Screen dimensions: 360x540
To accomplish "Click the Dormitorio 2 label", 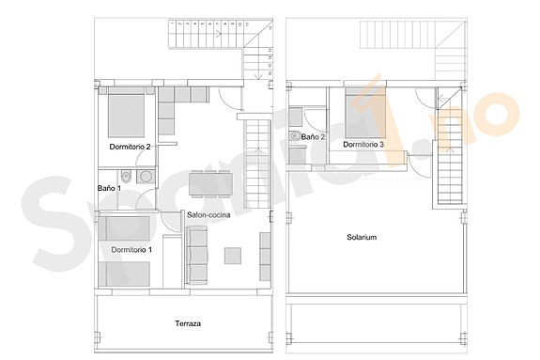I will click(x=130, y=146).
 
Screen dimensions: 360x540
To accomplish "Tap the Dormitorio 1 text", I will click(x=131, y=250).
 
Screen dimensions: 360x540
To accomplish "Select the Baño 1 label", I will click(x=109, y=188).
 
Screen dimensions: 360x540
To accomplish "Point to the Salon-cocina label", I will click(x=209, y=215).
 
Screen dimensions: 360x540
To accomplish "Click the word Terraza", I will click(x=189, y=324).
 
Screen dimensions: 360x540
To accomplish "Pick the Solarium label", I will click(x=361, y=238).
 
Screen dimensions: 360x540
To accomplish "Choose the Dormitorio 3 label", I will click(x=363, y=145).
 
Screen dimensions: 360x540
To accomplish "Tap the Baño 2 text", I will click(x=313, y=137).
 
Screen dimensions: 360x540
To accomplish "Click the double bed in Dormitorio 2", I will click(x=124, y=115).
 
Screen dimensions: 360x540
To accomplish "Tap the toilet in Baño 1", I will click(x=126, y=177).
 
